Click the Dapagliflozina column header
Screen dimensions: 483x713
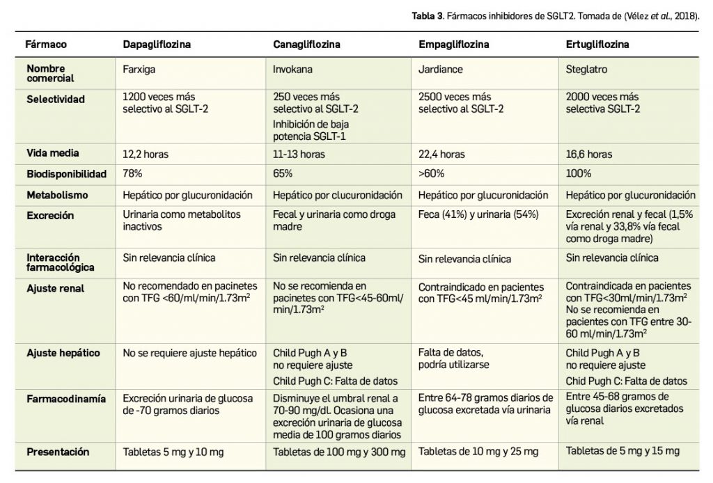click(157, 44)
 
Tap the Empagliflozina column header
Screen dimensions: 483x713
click(454, 44)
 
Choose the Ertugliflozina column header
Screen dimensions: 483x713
click(598, 44)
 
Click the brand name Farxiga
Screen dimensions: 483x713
click(138, 70)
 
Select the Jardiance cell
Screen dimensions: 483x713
click(441, 70)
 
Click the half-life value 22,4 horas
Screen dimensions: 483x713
click(441, 154)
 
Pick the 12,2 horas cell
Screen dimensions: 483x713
click(146, 154)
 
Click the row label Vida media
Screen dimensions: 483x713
click(53, 154)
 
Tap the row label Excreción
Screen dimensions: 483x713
click(50, 216)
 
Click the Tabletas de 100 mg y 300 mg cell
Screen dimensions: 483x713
click(339, 452)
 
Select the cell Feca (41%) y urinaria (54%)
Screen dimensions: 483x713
click(478, 216)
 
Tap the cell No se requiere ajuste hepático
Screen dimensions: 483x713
click(190, 353)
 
